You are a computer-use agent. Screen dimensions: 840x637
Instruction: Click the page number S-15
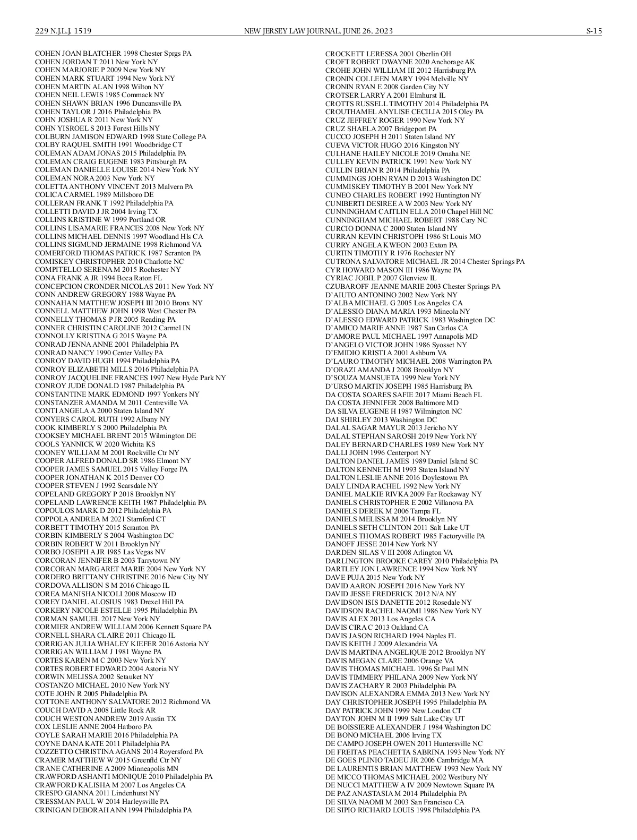593,31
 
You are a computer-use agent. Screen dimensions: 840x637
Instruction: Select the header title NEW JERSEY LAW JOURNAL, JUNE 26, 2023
318,31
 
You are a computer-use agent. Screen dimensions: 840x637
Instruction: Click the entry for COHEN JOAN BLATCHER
113,54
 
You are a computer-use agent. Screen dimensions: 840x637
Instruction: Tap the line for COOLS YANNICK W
95,444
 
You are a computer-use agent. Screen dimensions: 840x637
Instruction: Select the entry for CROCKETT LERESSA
388,54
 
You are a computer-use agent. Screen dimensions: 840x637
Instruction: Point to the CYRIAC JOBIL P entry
381,278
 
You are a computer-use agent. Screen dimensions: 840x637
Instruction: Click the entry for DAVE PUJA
375,578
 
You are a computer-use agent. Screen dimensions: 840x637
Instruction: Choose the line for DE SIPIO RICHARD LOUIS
402,810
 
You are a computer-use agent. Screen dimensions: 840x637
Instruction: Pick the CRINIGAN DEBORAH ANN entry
113,810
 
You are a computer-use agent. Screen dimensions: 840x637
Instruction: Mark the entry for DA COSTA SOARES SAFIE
403,395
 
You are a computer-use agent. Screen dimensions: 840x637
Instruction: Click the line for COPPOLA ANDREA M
100,519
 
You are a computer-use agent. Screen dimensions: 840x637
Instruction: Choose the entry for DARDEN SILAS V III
389,553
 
